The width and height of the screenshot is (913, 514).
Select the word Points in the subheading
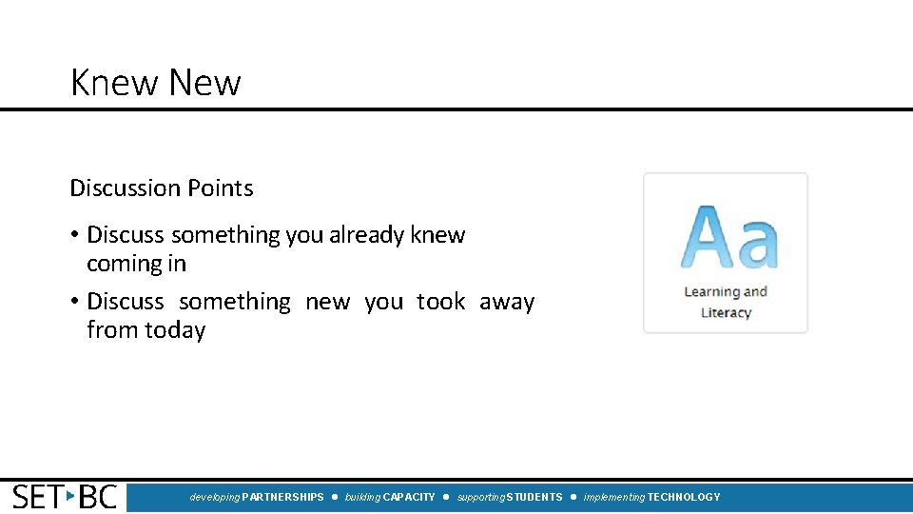223,188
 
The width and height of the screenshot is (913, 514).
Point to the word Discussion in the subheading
126,188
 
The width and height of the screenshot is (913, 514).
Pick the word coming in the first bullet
125,265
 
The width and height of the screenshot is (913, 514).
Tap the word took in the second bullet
441,302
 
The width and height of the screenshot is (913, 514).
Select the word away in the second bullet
507,302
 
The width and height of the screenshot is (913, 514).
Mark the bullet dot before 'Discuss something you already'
74,235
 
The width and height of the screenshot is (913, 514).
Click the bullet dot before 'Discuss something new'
74,302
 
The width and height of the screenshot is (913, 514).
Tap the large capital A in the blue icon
707,237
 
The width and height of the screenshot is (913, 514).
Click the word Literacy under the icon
726,312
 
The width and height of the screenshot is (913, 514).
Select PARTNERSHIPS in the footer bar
283,497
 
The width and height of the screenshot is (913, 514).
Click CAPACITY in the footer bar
409,497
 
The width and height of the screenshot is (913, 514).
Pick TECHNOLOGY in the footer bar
684,497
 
